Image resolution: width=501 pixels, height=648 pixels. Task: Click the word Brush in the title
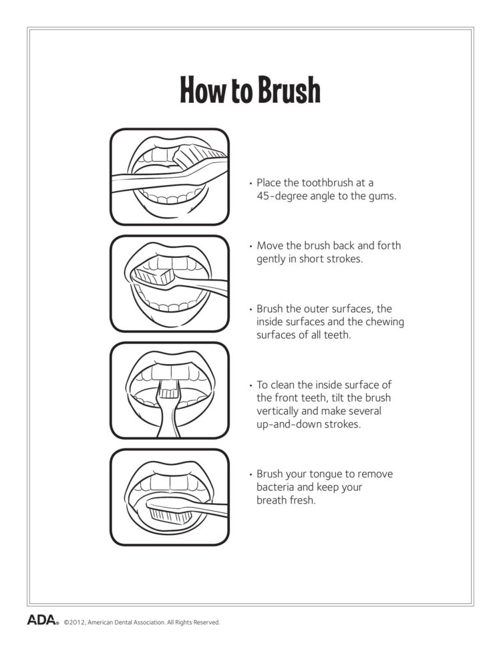pos(288,91)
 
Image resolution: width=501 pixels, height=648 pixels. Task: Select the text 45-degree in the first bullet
pos(281,196)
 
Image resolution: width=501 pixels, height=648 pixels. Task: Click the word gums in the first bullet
pos(381,196)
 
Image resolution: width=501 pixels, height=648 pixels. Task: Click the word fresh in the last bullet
pos(301,500)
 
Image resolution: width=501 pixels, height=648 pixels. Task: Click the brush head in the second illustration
pos(153,275)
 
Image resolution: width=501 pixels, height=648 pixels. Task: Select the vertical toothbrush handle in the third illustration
pos(169,414)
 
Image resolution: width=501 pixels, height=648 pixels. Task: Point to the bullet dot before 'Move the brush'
pos(251,247)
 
